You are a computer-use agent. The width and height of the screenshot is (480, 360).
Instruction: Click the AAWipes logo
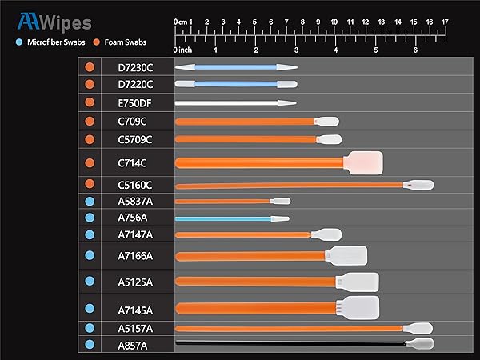(x=54, y=22)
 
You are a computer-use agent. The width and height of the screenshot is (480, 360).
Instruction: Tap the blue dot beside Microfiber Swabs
(x=19, y=42)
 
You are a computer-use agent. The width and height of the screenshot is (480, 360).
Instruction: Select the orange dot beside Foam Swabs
(x=97, y=42)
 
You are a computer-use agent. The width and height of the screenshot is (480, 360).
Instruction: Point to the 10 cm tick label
(x=334, y=22)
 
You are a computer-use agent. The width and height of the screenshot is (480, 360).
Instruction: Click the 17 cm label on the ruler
(x=445, y=22)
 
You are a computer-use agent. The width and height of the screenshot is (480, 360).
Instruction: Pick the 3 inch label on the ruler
(x=296, y=50)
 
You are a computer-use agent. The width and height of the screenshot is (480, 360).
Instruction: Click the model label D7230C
(x=135, y=68)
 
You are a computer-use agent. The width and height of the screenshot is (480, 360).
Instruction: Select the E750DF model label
(x=134, y=103)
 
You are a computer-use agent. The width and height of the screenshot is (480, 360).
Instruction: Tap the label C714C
(x=132, y=163)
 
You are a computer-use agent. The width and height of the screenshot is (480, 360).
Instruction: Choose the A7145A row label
(x=135, y=310)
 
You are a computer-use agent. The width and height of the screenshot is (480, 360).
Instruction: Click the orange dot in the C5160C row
(x=90, y=184)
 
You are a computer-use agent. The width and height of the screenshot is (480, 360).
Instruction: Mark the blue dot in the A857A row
(x=90, y=344)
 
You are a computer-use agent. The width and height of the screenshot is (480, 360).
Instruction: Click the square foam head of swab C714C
(x=363, y=163)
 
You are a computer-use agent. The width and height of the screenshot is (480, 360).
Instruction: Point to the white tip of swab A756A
(x=280, y=219)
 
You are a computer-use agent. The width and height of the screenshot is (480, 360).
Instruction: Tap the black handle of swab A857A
(x=291, y=343)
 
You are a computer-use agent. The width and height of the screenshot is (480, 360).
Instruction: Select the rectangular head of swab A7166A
(x=346, y=256)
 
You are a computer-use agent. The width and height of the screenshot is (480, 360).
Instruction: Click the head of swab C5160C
(x=418, y=185)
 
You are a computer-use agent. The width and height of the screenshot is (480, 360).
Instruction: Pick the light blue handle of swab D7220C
(x=236, y=84)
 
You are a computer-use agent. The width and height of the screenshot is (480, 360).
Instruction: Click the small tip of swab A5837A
(x=280, y=201)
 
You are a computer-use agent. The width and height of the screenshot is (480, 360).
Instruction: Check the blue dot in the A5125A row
(x=90, y=281)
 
